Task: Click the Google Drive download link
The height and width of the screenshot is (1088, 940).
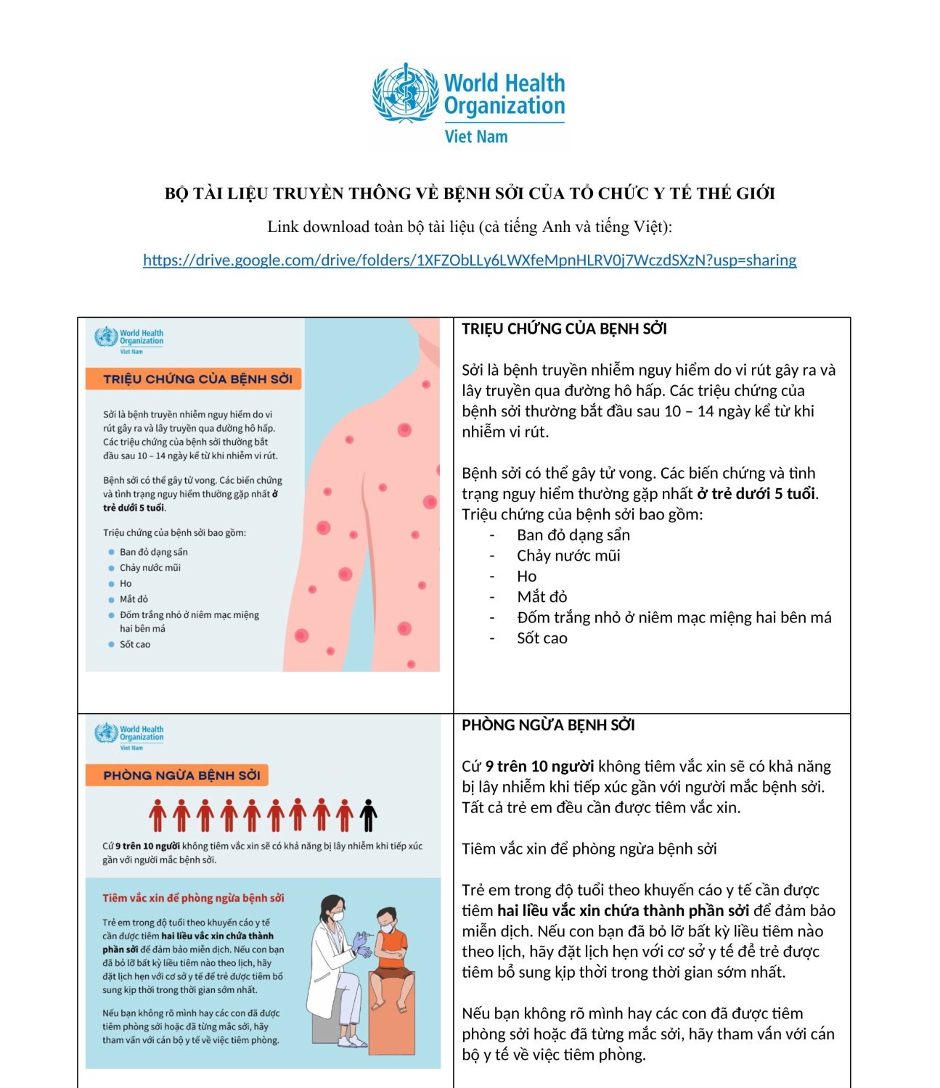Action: (470, 260)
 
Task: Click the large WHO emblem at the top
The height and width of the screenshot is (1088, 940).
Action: (405, 93)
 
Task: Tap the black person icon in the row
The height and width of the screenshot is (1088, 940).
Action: (369, 815)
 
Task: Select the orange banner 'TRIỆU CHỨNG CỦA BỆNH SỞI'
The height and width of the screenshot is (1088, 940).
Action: (194, 379)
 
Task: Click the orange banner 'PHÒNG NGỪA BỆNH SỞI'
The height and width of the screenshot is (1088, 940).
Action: (178, 775)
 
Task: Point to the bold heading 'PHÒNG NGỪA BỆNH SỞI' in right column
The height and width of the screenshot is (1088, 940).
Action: (548, 725)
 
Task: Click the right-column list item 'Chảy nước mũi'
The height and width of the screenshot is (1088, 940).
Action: (568, 556)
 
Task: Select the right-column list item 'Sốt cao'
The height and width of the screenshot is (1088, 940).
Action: (541, 639)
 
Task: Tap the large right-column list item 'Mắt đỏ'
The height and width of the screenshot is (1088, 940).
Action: (541, 597)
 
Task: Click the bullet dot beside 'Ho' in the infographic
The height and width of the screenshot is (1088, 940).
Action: (112, 584)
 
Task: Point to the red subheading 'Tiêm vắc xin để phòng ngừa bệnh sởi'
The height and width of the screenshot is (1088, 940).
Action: (193, 898)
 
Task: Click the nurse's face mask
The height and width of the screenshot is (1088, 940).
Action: (336, 916)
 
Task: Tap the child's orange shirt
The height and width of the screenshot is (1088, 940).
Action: (393, 945)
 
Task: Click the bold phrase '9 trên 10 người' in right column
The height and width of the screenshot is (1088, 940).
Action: (539, 767)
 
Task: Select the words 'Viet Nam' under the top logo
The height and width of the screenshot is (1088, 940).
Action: (476, 137)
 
